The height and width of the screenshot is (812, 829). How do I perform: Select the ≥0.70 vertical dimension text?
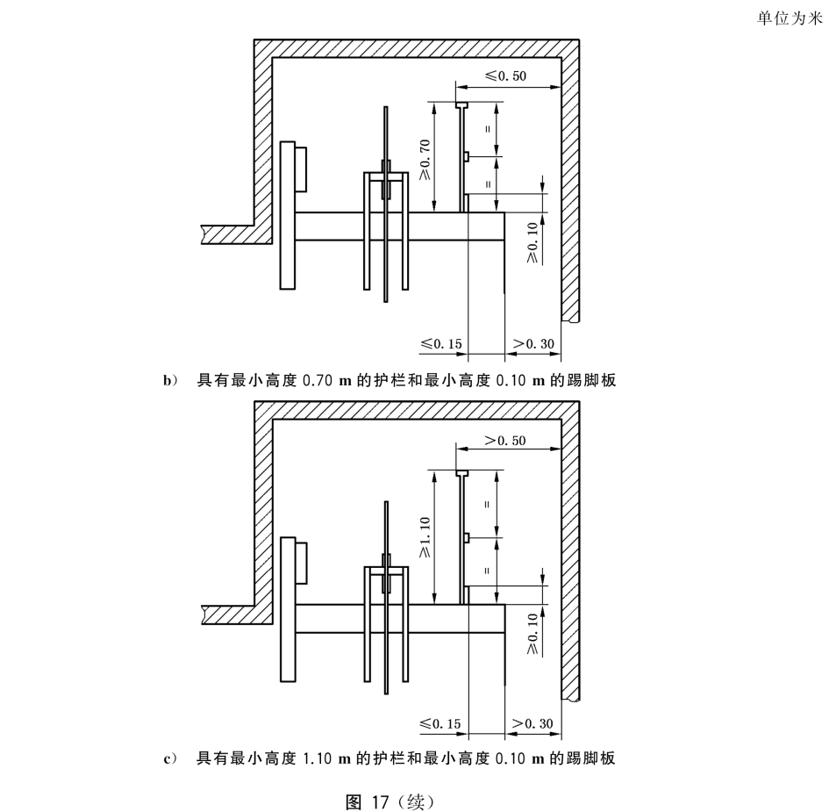(x=425, y=159)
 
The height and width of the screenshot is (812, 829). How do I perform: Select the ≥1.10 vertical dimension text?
(x=425, y=537)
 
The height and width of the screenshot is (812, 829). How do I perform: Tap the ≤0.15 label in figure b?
(x=440, y=344)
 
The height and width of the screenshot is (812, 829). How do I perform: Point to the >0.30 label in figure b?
(x=532, y=344)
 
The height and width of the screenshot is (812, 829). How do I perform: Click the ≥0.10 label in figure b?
(x=532, y=243)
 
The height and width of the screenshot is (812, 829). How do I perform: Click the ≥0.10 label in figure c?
(x=532, y=634)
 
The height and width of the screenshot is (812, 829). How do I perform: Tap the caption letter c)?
(x=170, y=758)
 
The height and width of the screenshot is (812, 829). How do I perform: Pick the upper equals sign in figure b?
(x=487, y=129)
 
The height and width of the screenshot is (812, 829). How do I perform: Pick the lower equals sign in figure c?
(x=487, y=571)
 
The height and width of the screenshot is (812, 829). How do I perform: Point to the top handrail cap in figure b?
(x=462, y=104)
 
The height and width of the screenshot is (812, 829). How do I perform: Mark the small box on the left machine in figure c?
(x=301, y=562)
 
